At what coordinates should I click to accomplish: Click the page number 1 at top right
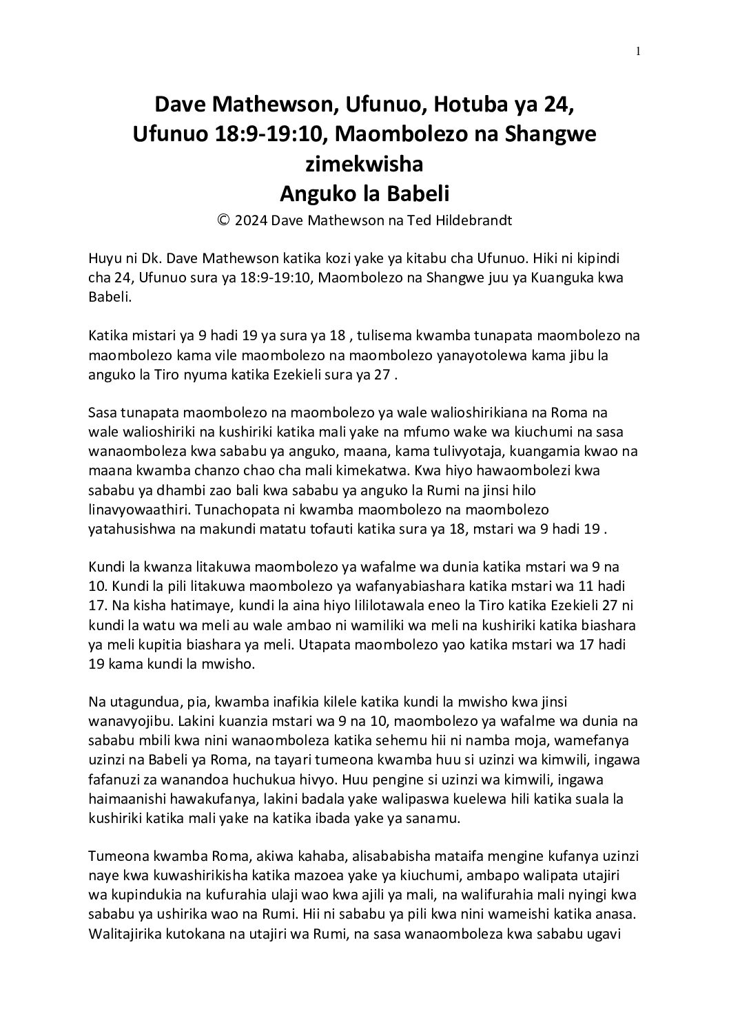pos(639,51)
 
